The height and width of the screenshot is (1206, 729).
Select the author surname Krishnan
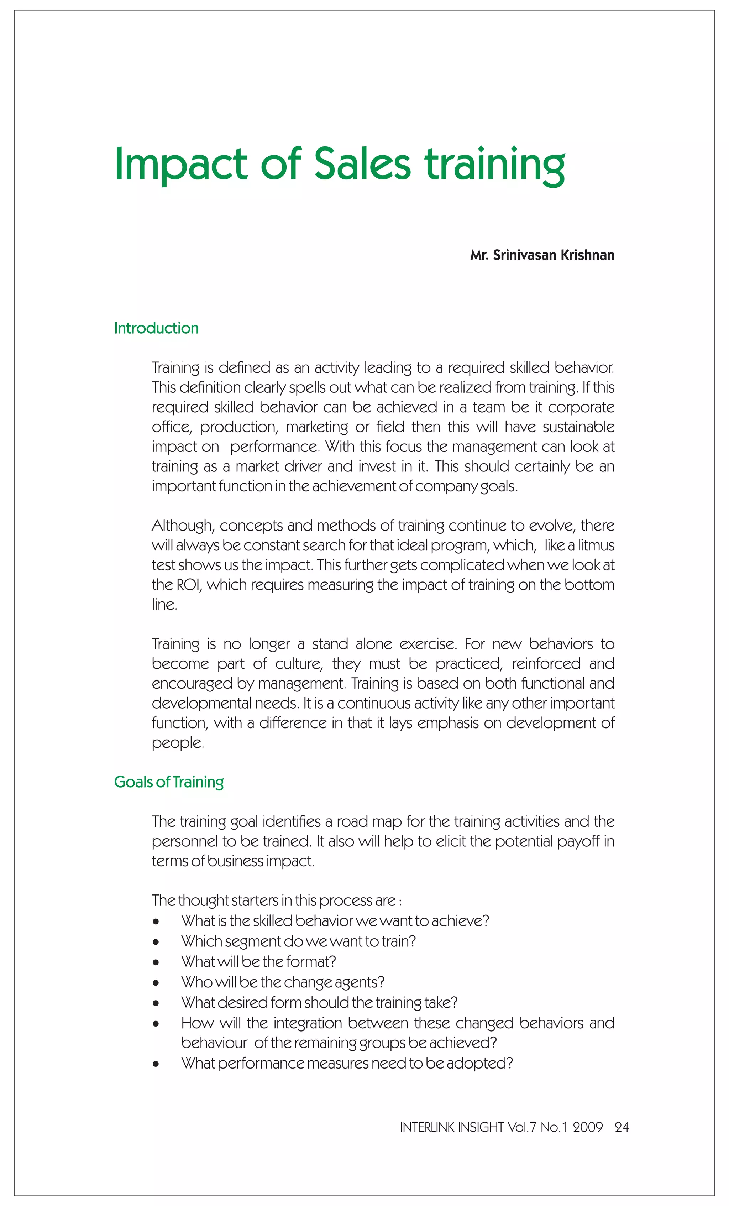(x=587, y=256)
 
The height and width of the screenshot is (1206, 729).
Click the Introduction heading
(x=156, y=328)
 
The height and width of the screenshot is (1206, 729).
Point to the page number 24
(x=622, y=1127)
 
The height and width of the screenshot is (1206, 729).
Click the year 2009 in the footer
(x=588, y=1127)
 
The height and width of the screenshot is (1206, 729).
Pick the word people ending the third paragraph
(x=177, y=743)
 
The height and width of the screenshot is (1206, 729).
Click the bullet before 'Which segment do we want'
(x=156, y=942)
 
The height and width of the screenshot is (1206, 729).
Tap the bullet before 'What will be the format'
(x=156, y=962)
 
